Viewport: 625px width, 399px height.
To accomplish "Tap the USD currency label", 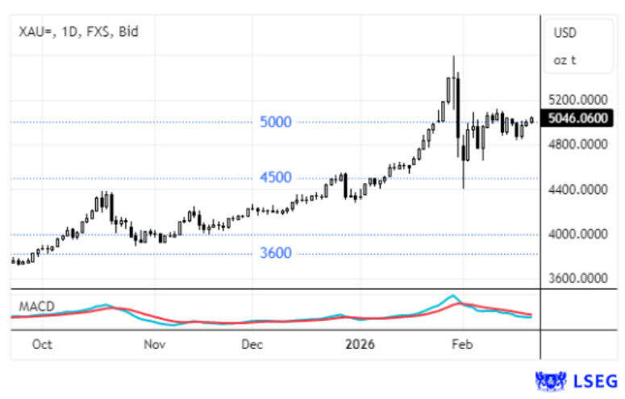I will (x=565, y=32).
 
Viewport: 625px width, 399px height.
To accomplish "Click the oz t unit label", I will (x=565, y=60).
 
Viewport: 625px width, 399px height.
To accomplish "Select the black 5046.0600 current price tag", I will (x=578, y=119).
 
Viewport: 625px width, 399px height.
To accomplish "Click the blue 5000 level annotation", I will (x=275, y=123).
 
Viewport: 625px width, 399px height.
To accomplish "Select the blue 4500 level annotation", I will (x=275, y=177).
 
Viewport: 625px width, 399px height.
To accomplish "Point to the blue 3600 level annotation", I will (x=275, y=253).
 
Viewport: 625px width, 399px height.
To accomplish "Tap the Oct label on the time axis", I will (x=42, y=344).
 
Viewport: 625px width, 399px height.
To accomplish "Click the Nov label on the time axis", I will (x=154, y=344).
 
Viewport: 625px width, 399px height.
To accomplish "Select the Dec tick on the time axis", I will (x=252, y=344).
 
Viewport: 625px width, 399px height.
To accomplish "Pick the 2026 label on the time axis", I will (x=359, y=344).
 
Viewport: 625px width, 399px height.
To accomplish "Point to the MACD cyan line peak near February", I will (x=453, y=296).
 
